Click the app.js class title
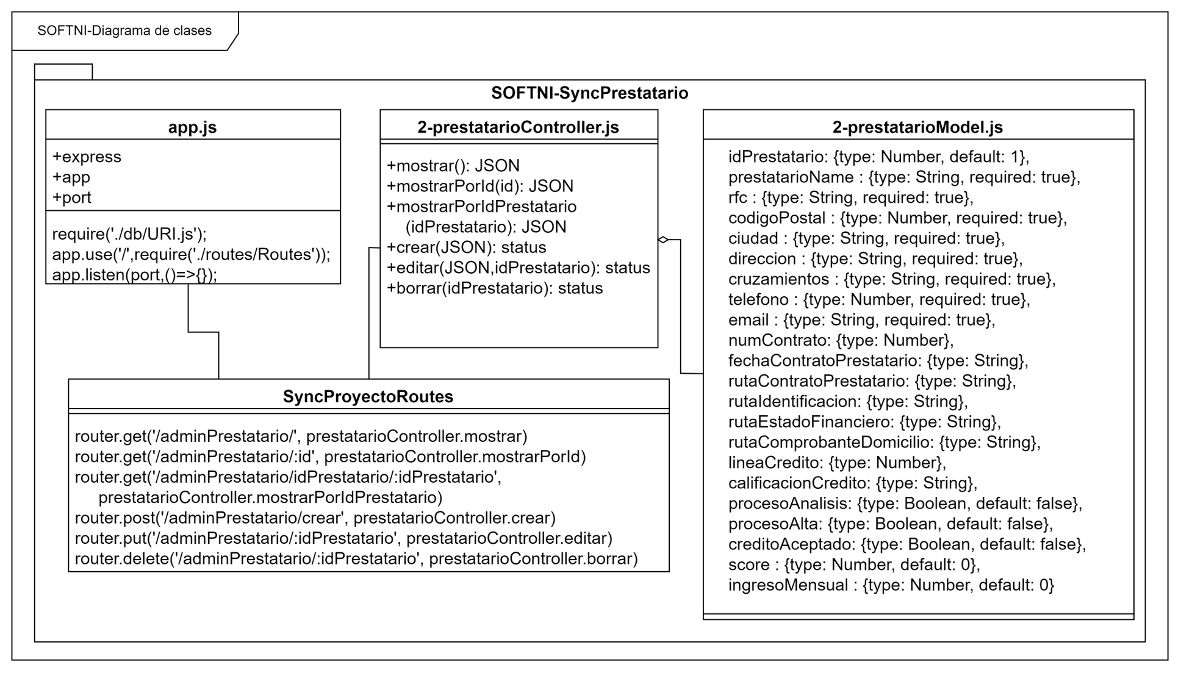pos(192,127)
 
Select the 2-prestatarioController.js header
pos(518,127)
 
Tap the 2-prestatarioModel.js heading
pos(917,127)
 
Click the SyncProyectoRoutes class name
pos(368,396)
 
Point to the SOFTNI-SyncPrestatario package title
pos(589,93)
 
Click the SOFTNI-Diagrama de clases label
pos(124,30)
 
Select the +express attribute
pos(87,157)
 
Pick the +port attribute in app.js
pos(72,198)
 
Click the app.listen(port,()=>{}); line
pos(134,275)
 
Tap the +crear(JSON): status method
pos(467,247)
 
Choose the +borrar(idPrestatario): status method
pos(495,288)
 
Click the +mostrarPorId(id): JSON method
pos(480,186)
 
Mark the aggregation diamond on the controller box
pos(664,240)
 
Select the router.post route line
pos(315,518)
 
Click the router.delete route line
pos(356,558)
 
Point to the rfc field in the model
pos(850,198)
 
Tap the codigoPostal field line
pos(897,218)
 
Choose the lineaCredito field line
pos(837,463)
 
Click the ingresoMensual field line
pos(891,585)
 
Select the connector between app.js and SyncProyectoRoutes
pos(203,332)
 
